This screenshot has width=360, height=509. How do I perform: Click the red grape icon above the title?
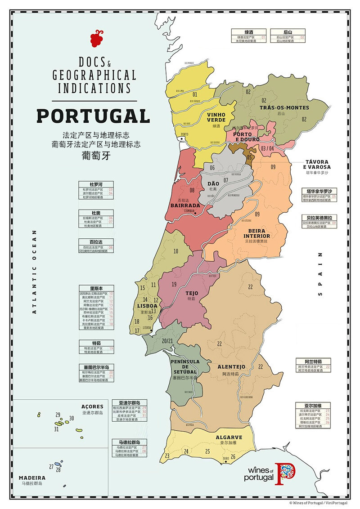pyautogui.click(x=96, y=39)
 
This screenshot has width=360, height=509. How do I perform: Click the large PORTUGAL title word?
pyautogui.click(x=93, y=116)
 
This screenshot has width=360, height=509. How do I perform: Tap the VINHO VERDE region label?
pyautogui.click(x=216, y=117)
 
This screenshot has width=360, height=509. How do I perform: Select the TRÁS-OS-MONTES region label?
pyautogui.click(x=284, y=107)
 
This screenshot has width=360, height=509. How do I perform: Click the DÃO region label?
pyautogui.click(x=213, y=183)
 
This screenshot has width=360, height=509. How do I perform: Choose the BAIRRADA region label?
pyautogui.click(x=185, y=205)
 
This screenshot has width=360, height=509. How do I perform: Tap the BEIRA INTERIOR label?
pyautogui.click(x=256, y=233)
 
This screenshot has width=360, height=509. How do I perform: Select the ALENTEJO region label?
pyautogui.click(x=231, y=367)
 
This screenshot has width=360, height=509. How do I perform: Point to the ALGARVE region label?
pyautogui.click(x=229, y=437)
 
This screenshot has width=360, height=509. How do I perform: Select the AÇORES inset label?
pyautogui.click(x=92, y=406)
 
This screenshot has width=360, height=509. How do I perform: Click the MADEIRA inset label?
pyautogui.click(x=31, y=478)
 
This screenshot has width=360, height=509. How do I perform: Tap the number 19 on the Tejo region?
pyautogui.click(x=174, y=284)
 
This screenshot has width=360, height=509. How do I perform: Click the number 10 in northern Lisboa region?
pyautogui.click(x=176, y=251)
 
